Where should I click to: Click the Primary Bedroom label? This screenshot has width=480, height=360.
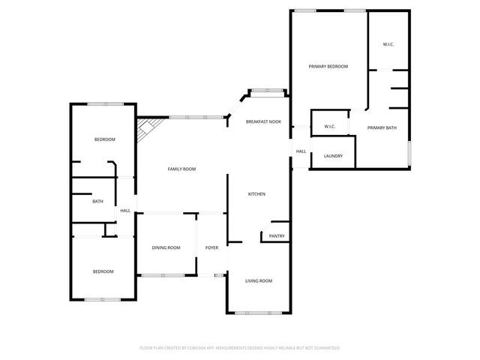point(328,67)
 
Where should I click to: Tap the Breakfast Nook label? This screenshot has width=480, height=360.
point(263,121)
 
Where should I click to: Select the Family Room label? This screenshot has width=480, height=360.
point(181,169)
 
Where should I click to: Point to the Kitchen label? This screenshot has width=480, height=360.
point(257,194)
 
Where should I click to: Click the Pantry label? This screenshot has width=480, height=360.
point(277,236)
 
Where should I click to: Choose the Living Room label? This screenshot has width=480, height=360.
point(259,281)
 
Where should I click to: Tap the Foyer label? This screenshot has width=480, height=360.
point(211,247)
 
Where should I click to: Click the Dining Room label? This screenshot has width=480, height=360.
point(166,247)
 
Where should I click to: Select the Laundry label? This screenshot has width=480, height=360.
point(333,156)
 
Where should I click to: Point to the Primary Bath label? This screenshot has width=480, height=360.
point(382,127)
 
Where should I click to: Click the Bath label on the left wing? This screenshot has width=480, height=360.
point(97,201)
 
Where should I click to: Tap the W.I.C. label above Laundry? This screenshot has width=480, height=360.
point(329,127)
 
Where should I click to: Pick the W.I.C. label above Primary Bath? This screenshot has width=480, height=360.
point(388,45)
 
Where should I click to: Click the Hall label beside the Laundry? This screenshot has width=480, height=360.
point(301,151)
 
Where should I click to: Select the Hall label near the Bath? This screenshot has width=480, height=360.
point(125,211)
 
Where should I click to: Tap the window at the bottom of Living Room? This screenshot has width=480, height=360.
point(258,312)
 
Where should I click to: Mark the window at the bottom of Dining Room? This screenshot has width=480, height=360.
point(163,275)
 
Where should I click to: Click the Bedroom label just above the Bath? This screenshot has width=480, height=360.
point(104,139)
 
